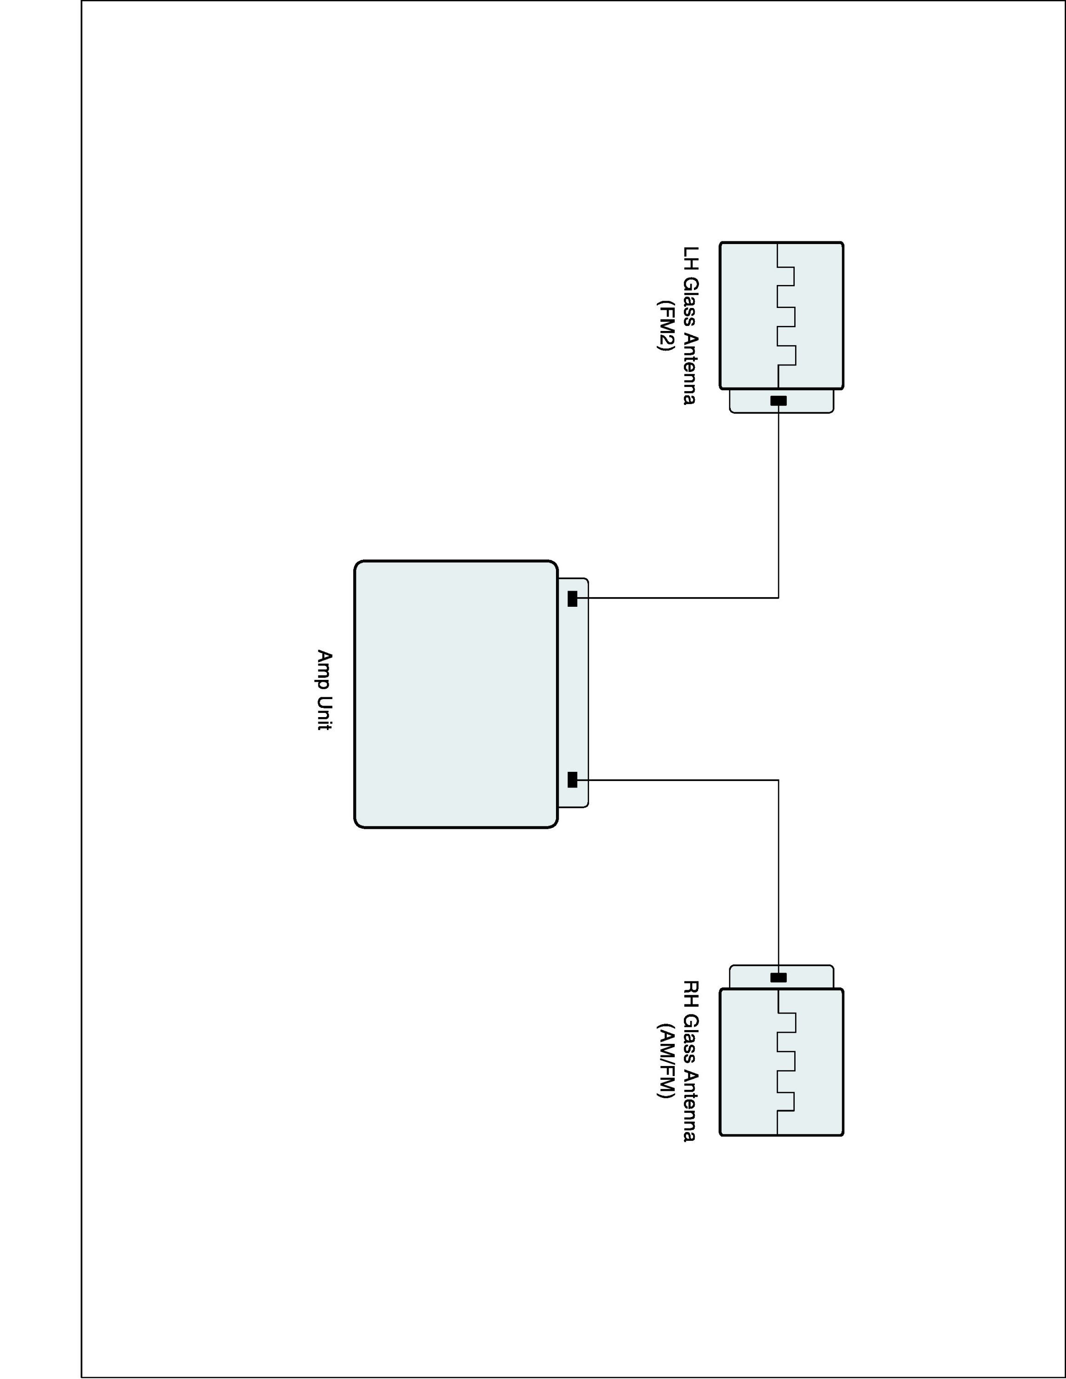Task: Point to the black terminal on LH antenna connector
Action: point(779,401)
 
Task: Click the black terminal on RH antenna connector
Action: point(779,977)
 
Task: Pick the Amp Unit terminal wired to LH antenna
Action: point(572,598)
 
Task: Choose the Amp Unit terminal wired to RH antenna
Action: point(572,780)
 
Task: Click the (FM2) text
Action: point(665,325)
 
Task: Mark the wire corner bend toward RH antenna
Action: point(779,781)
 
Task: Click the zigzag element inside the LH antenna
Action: point(786,316)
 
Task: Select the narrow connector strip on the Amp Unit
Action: point(573,693)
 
